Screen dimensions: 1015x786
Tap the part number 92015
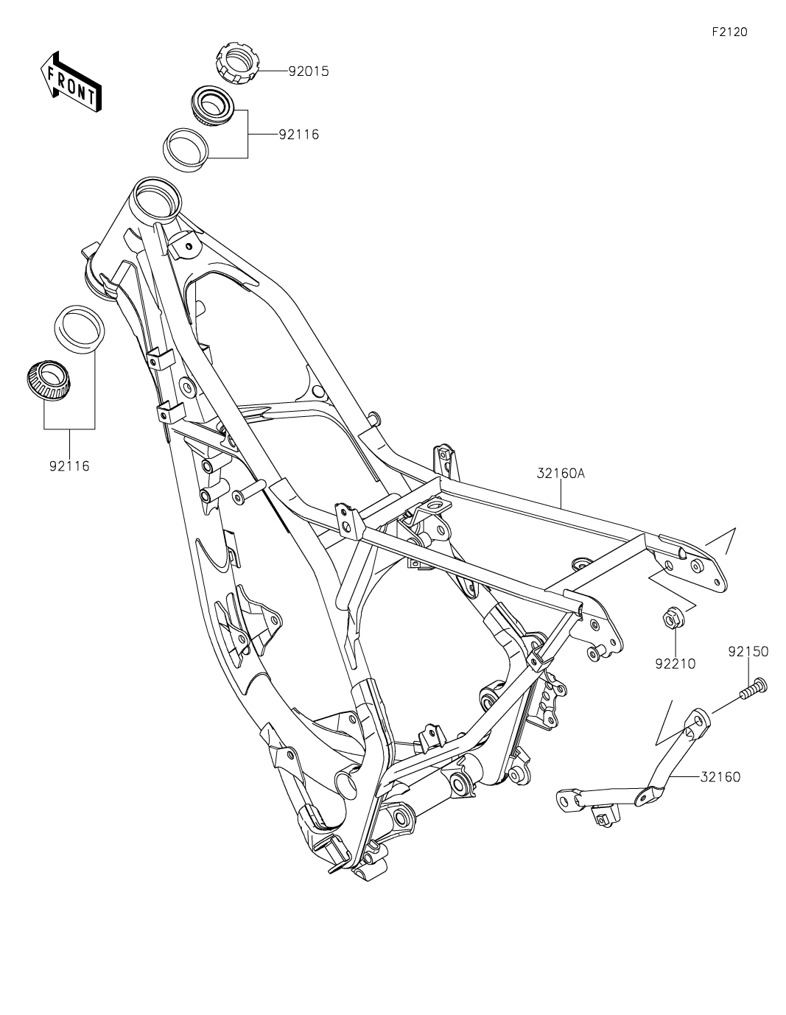308,71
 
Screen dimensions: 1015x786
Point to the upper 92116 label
298,135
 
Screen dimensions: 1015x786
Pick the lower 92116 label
69,466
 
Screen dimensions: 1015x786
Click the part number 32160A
561,474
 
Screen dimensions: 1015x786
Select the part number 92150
748,651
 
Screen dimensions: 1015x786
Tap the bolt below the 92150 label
751,689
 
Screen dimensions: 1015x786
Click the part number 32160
720,776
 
